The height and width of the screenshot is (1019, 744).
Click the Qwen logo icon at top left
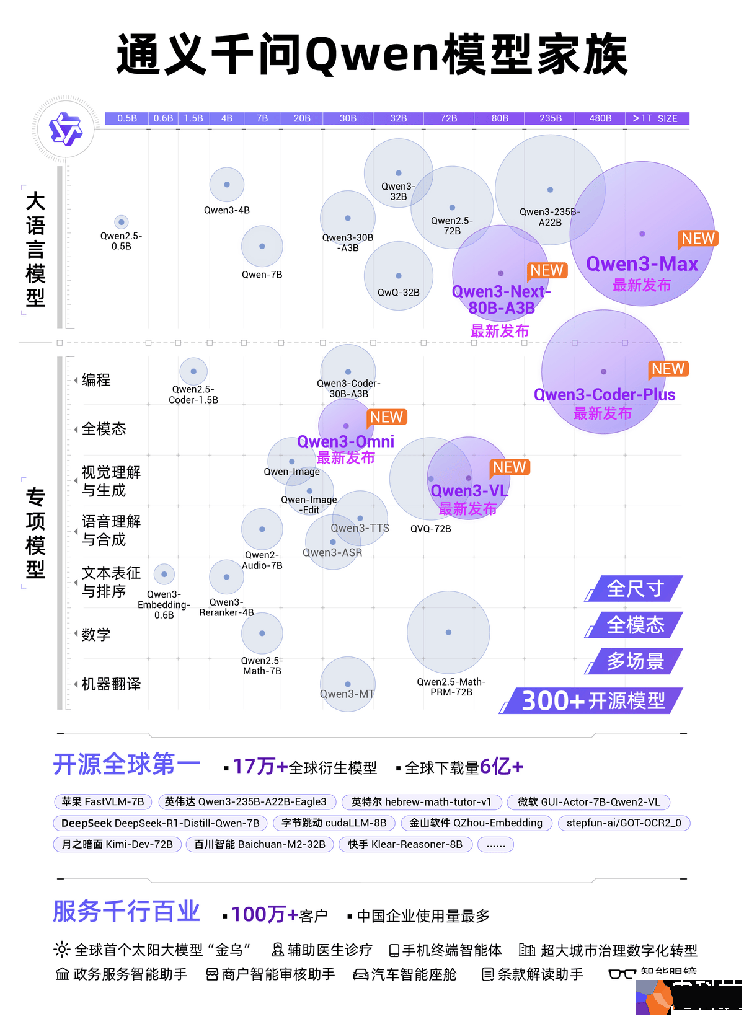64,129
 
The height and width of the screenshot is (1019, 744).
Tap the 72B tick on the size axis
448,118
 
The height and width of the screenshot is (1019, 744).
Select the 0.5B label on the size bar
127,118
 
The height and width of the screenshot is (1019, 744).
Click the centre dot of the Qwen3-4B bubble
227,185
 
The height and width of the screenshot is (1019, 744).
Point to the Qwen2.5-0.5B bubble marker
122,222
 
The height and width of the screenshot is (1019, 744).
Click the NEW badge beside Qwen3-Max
698,239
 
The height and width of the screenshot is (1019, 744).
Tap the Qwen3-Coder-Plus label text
604,395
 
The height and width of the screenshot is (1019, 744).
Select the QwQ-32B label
399,293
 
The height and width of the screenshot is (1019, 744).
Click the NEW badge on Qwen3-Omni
387,417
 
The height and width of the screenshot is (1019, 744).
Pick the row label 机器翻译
111,684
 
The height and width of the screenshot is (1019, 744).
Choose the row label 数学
96,635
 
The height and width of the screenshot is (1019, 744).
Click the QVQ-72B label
431,529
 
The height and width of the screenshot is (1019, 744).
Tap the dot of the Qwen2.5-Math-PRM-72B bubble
448,632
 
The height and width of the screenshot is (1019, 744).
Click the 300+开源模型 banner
593,701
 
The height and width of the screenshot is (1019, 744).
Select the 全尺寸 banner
635,588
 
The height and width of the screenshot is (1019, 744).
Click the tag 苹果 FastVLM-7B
103,802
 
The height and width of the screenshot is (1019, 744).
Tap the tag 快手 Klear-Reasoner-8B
405,844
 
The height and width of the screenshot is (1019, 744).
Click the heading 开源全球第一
126,765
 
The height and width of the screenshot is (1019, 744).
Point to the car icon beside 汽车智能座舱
360,975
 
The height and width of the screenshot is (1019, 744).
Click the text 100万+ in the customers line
265,915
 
